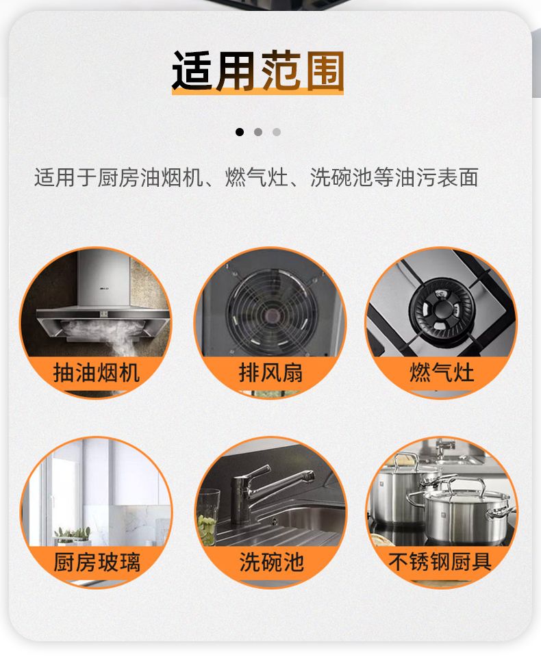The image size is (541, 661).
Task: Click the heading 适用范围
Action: coord(257,71)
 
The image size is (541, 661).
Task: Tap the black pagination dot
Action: coord(240,132)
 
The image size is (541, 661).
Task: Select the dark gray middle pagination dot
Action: coord(258,132)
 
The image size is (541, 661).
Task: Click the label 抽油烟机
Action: coord(96,373)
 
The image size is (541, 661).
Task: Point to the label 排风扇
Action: coord(270,373)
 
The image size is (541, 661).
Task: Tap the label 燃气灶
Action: coord(442,373)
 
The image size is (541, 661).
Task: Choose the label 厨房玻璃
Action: coord(96,562)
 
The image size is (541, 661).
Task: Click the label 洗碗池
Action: coord(271,562)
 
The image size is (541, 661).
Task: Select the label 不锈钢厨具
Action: coord(440,562)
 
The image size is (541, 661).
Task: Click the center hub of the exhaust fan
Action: coord(270,314)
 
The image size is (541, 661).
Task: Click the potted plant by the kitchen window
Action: coord(73,536)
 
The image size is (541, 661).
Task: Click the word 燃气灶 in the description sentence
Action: coord(257,177)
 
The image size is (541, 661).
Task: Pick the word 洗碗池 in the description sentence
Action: coord(342,177)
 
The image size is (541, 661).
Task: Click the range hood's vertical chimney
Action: coord(103,278)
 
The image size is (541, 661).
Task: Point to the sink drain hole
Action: coord(275,521)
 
